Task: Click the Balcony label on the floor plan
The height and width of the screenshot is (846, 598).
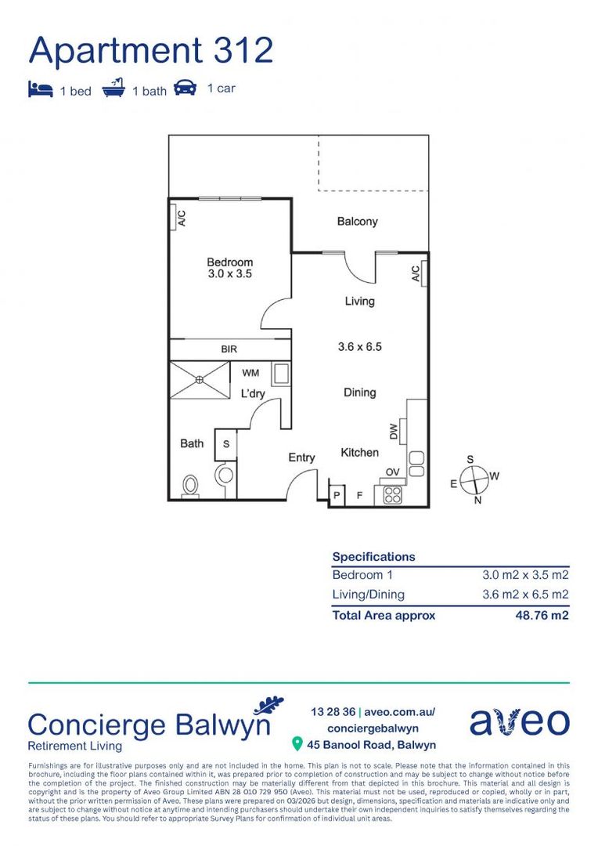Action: coord(357,222)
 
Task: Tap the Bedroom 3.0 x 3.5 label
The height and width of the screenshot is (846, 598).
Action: coord(230,268)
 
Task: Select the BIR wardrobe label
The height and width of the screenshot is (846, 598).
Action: coord(229,349)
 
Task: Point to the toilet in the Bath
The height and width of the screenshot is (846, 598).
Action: coord(189,486)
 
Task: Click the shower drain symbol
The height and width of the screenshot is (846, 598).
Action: coord(200,380)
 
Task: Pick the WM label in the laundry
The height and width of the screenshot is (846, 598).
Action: coord(250,373)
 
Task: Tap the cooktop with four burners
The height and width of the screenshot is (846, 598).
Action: coord(391,495)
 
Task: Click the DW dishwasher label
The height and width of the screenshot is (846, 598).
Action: coord(394,432)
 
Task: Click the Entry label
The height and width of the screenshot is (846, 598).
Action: coord(301,457)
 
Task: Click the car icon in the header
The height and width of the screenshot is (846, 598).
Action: coord(185,87)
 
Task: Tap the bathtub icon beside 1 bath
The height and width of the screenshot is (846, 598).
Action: coord(114,88)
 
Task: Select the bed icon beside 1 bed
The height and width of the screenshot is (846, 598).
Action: coord(41,89)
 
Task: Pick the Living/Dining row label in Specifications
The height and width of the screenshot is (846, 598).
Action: coord(368,595)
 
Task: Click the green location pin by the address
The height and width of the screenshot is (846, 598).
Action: coord(297,743)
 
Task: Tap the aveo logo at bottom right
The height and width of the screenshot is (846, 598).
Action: coord(519,722)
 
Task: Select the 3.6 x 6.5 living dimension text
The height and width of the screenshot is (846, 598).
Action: coord(359,346)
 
